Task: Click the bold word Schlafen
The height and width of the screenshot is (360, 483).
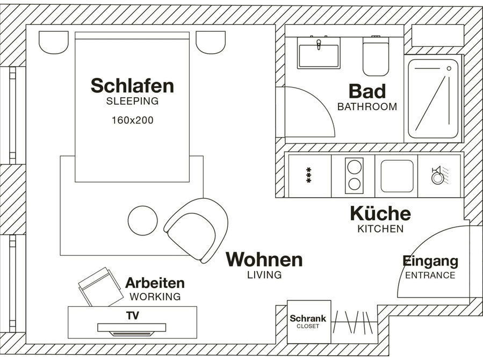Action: (x=133, y=85)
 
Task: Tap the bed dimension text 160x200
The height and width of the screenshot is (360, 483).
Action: (x=133, y=120)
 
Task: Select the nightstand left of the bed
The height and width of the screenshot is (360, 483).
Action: (x=54, y=42)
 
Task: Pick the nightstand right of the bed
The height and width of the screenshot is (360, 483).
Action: (x=211, y=42)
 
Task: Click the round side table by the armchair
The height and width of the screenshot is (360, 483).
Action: (x=142, y=221)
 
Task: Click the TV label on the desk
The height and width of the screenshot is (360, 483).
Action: (x=133, y=315)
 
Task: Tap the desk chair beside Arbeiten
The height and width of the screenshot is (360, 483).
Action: (x=100, y=287)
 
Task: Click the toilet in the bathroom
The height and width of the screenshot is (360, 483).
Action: (x=376, y=56)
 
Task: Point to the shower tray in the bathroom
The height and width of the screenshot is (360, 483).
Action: (x=434, y=98)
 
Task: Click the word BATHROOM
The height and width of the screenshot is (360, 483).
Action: (x=367, y=107)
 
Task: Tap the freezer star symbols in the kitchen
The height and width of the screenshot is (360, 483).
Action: (x=308, y=175)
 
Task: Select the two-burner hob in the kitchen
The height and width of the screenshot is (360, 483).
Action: (x=354, y=176)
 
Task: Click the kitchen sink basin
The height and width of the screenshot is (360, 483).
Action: (x=397, y=176)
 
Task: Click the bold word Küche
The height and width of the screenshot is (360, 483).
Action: (x=380, y=213)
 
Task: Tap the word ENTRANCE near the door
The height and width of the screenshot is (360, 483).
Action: (x=430, y=275)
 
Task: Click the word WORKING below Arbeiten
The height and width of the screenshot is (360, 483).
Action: (x=155, y=297)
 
